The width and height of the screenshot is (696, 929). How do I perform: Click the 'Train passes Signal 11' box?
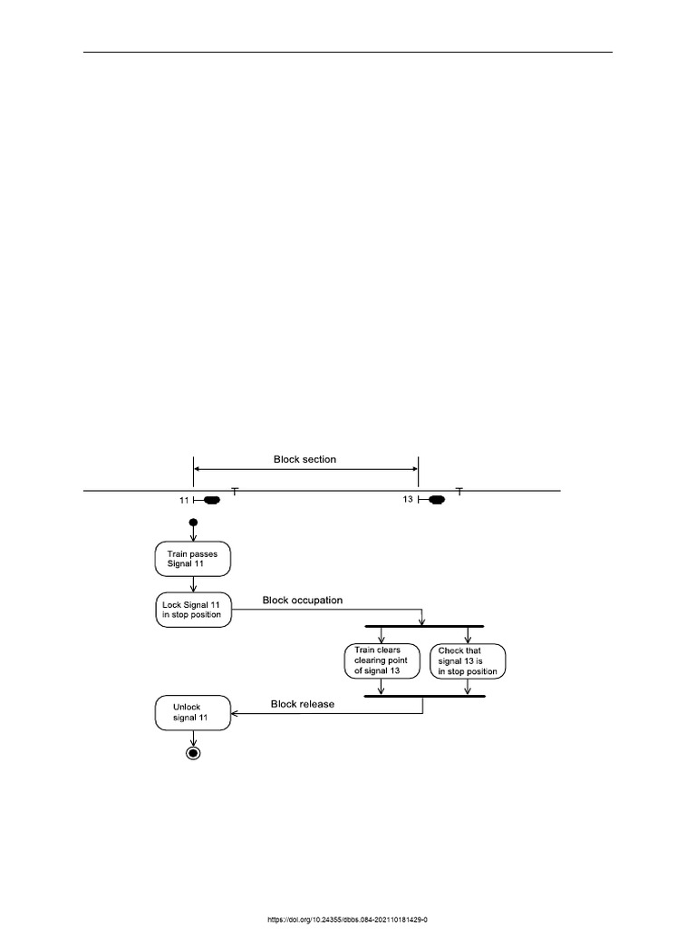pyautogui.click(x=193, y=559)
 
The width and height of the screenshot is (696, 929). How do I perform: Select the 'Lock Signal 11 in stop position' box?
pyautogui.click(x=193, y=610)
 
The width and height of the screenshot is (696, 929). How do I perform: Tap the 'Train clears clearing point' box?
pyautogui.click(x=382, y=660)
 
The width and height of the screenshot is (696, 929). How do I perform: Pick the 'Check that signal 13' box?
pyautogui.click(x=468, y=661)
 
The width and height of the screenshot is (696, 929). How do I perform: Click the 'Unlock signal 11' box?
pyautogui.click(x=193, y=713)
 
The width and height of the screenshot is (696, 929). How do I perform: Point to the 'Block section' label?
pyautogui.click(x=304, y=459)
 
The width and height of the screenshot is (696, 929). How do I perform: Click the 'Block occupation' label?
pyautogui.click(x=303, y=601)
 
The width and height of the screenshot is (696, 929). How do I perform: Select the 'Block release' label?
pyautogui.click(x=303, y=704)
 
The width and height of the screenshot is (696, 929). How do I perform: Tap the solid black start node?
pyautogui.click(x=193, y=523)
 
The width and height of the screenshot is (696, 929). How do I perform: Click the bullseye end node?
pyautogui.click(x=193, y=753)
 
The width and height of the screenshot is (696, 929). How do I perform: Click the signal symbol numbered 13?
pyautogui.click(x=431, y=500)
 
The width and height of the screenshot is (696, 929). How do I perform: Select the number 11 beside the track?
pyautogui.click(x=184, y=501)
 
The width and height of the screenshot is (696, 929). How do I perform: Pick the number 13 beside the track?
pyautogui.click(x=408, y=500)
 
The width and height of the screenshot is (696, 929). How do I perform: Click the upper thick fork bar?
pyautogui.click(x=424, y=626)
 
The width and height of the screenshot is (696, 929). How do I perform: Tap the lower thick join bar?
pyautogui.click(x=424, y=696)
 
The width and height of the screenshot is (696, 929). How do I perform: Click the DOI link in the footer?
pyautogui.click(x=347, y=920)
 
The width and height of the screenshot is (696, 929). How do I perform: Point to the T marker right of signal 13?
pyautogui.click(x=459, y=491)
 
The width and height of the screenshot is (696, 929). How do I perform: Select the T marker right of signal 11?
pyautogui.click(x=235, y=491)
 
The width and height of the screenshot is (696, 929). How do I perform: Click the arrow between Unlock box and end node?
pyautogui.click(x=193, y=738)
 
